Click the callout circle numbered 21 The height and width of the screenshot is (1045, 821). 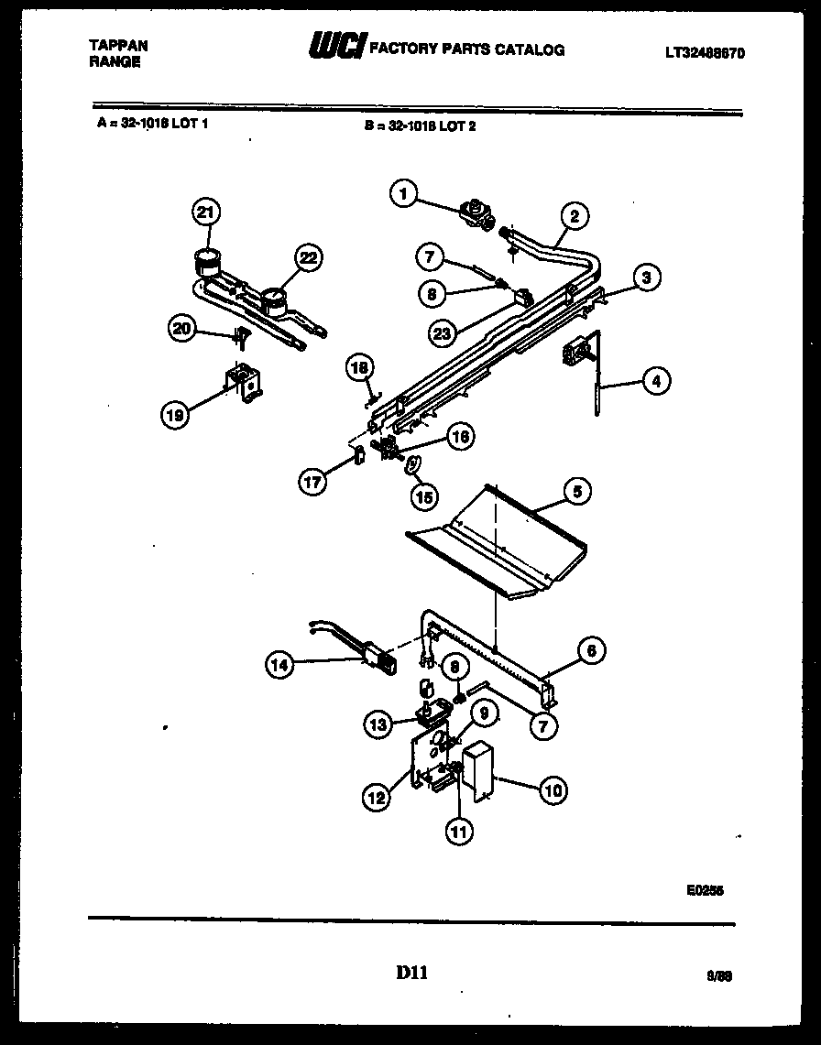(x=206, y=212)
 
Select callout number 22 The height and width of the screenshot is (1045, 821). (x=309, y=258)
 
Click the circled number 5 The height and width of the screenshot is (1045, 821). (x=576, y=492)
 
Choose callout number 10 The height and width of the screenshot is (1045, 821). (x=553, y=789)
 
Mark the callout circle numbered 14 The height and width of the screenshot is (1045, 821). (x=280, y=666)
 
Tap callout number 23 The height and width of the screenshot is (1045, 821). (x=443, y=334)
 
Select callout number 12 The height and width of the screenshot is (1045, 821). (x=378, y=798)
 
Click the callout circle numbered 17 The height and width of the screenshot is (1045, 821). (x=314, y=482)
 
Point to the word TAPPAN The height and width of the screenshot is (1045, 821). (x=119, y=44)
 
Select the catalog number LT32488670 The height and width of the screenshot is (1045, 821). (x=704, y=53)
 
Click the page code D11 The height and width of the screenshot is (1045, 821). (x=411, y=974)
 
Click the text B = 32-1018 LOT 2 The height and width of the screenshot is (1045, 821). (x=419, y=126)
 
